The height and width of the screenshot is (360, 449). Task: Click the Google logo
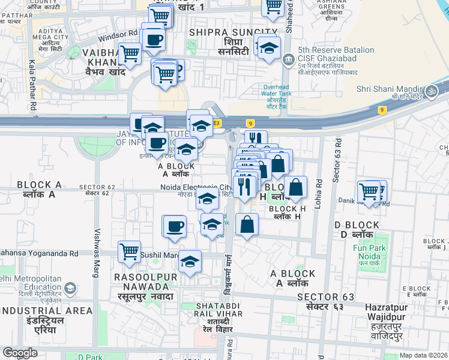20,353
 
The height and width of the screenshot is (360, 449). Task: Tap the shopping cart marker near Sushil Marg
129,251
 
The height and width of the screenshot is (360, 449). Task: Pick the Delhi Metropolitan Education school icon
70,289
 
